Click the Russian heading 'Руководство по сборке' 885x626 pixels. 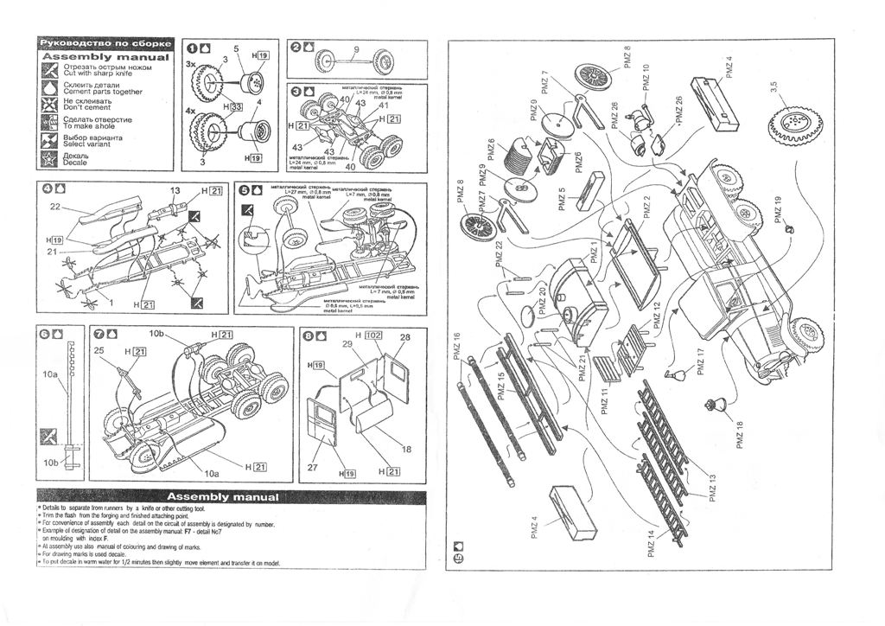106,44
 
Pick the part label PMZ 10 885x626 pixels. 646,79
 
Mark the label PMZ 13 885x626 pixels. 713,488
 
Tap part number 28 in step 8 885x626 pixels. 404,336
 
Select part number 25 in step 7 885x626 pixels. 99,350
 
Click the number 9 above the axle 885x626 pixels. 357,48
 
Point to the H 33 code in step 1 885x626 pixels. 232,106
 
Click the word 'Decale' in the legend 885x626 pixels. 75,163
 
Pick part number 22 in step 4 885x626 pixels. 54,207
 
